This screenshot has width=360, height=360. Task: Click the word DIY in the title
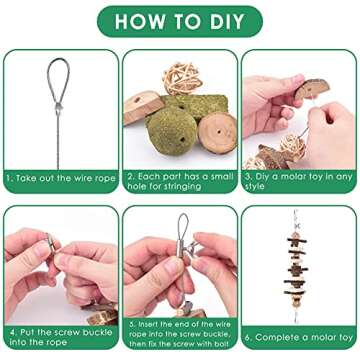[227, 22]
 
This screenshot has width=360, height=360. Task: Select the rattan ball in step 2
[182, 79]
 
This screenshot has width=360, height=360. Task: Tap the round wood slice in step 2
[217, 133]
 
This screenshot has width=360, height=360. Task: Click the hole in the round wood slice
[219, 132]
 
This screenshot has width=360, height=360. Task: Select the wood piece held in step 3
[312, 89]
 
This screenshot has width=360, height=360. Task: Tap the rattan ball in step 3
[293, 147]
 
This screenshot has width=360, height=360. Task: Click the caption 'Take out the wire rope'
[61, 178]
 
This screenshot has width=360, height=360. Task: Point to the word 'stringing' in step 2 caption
[182, 186]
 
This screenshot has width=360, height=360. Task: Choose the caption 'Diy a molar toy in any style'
[298, 181]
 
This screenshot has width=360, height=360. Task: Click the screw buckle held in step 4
[51, 243]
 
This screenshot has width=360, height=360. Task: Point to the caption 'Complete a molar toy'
[298, 337]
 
